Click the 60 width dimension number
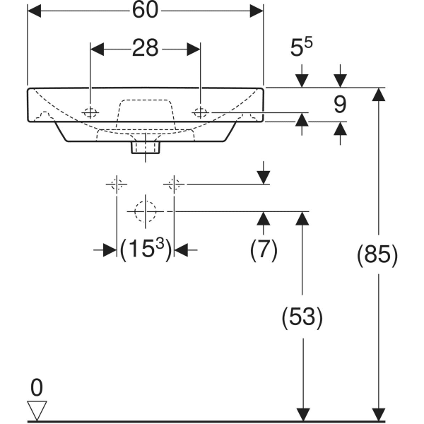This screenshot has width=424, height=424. [x=146, y=11]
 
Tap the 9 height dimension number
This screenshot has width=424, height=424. [x=340, y=105]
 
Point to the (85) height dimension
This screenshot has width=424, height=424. [x=379, y=255]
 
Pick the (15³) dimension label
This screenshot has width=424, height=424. [x=146, y=249]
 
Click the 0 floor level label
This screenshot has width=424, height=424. [x=37, y=387]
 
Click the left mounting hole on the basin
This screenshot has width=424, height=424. [x=91, y=112]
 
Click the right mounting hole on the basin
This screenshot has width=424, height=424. [x=201, y=112]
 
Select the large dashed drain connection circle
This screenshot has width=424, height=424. [x=145, y=211]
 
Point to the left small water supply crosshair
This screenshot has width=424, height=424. [x=116, y=184]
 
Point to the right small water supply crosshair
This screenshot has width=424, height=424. [x=174, y=184]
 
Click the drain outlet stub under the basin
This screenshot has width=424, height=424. [x=146, y=147]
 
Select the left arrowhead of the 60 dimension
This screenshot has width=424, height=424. [x=33, y=11]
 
